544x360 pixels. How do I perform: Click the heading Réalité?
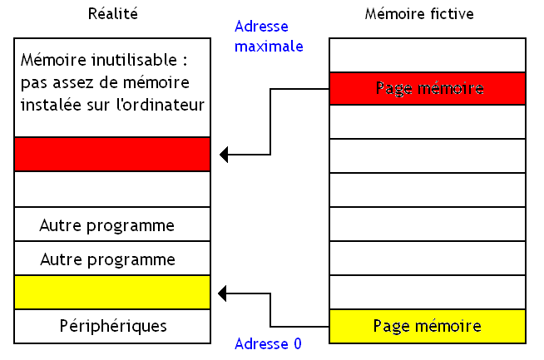[x=111, y=14]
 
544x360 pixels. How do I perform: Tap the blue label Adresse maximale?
[x=269, y=37]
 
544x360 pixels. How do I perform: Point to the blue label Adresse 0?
[x=268, y=343]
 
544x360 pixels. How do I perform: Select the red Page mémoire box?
[x=428, y=88]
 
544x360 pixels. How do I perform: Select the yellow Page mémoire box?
[x=428, y=326]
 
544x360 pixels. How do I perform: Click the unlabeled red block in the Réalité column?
[x=111, y=154]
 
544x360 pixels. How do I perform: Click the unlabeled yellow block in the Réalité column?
[x=111, y=292]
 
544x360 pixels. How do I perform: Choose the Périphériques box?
[x=113, y=326]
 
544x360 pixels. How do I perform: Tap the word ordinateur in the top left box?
[x=167, y=105]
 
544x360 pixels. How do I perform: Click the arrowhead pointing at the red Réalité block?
[x=225, y=154]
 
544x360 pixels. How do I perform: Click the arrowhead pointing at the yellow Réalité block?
[x=225, y=292]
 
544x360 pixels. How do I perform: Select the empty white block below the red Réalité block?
[x=111, y=190]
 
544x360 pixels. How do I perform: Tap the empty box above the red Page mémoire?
[x=428, y=55]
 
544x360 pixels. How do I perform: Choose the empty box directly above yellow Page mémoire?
[x=428, y=292]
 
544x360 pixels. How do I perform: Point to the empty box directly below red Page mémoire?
[x=428, y=121]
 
